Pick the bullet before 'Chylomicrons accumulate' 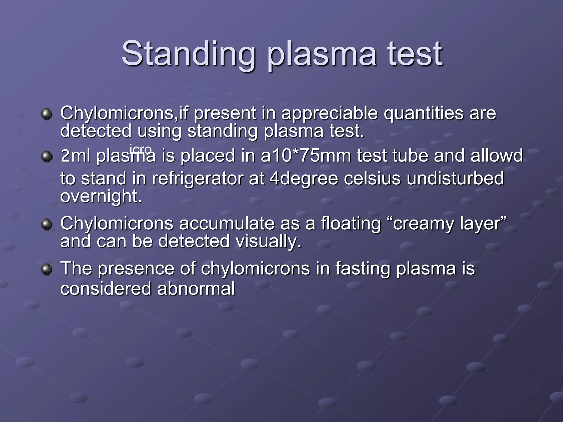[x=46, y=224]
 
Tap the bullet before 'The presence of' [x=46, y=269]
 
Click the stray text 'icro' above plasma [x=140, y=149]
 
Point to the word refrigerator [x=197, y=178]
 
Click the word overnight [x=101, y=196]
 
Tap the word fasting [x=362, y=269]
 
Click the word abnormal [x=196, y=288]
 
